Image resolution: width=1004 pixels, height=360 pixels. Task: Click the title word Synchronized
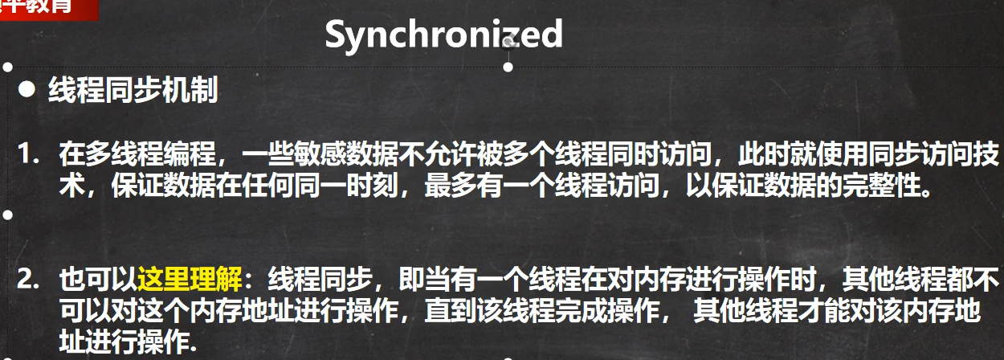(443, 35)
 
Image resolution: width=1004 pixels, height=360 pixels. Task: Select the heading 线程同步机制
(133, 91)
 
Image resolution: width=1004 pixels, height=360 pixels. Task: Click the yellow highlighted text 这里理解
(190, 280)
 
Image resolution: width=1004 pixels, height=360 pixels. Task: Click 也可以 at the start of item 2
(97, 280)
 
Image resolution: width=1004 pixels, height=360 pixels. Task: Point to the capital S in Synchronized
(337, 35)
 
